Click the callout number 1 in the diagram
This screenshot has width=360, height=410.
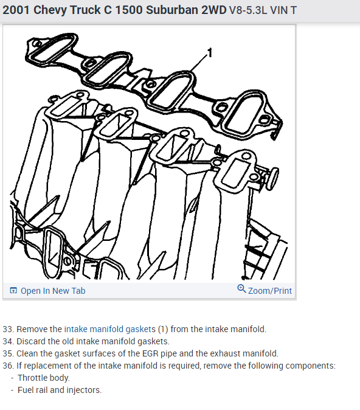tap(210, 53)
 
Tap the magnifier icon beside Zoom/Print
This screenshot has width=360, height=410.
tap(241, 289)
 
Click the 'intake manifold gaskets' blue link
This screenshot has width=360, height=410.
tap(110, 329)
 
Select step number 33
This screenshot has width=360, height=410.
tap(8, 329)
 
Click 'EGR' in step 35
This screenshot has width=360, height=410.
tap(150, 353)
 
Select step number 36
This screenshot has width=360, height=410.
tap(8, 366)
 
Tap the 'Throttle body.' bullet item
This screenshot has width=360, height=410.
tap(43, 378)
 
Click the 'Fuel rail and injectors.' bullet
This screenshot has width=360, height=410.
tap(60, 390)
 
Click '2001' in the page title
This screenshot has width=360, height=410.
tap(16, 10)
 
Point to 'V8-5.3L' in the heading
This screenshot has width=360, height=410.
tap(248, 10)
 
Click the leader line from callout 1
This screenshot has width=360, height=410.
tap(199, 62)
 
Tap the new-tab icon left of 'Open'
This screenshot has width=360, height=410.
tap(13, 290)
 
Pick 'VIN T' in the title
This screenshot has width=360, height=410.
tap(283, 10)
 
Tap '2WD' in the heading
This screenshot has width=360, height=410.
tap(214, 10)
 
